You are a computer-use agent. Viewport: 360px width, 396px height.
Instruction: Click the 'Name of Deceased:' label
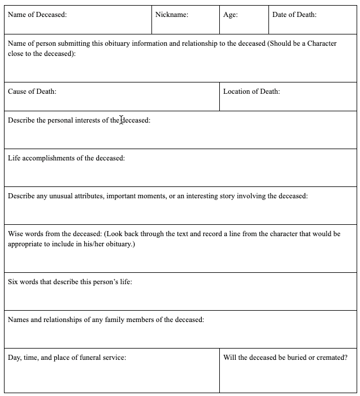click(37, 15)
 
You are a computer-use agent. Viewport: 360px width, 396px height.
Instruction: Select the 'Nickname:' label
click(172, 15)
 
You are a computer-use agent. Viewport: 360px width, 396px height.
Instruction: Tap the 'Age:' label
click(231, 15)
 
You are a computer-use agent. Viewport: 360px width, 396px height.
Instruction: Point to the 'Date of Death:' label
click(294, 15)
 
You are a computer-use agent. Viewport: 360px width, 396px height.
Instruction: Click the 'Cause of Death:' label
click(32, 92)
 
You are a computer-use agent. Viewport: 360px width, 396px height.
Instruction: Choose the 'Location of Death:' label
click(251, 92)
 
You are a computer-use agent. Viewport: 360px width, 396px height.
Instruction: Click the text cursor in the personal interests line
click(122, 120)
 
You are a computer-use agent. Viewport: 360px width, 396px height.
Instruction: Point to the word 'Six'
click(14, 282)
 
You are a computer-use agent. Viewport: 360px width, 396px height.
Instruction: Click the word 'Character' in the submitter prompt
click(322, 43)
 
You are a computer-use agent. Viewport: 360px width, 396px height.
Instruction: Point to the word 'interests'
click(92, 120)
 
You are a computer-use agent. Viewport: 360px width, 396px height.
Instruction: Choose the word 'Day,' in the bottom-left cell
click(15, 358)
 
